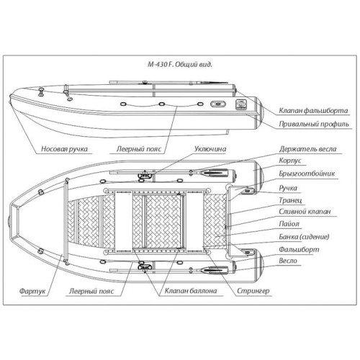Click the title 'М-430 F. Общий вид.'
click(x=180, y=65)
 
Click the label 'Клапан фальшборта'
click(x=313, y=111)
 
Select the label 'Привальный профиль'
click(x=314, y=124)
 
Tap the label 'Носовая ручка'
click(x=64, y=149)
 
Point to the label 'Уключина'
click(x=210, y=149)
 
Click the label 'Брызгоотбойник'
click(x=307, y=174)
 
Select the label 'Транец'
click(x=290, y=200)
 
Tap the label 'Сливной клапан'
click(x=305, y=212)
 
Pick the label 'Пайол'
click(x=289, y=224)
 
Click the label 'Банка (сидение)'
click(x=304, y=237)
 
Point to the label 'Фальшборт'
click(x=299, y=249)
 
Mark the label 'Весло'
click(x=288, y=261)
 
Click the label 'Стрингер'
click(x=253, y=291)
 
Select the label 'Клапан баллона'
click(x=191, y=291)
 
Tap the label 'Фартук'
click(x=32, y=292)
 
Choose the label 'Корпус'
click(x=290, y=161)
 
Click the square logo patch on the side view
click(x=240, y=104)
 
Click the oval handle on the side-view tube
click(x=218, y=104)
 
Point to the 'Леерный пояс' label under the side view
click(x=139, y=149)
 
